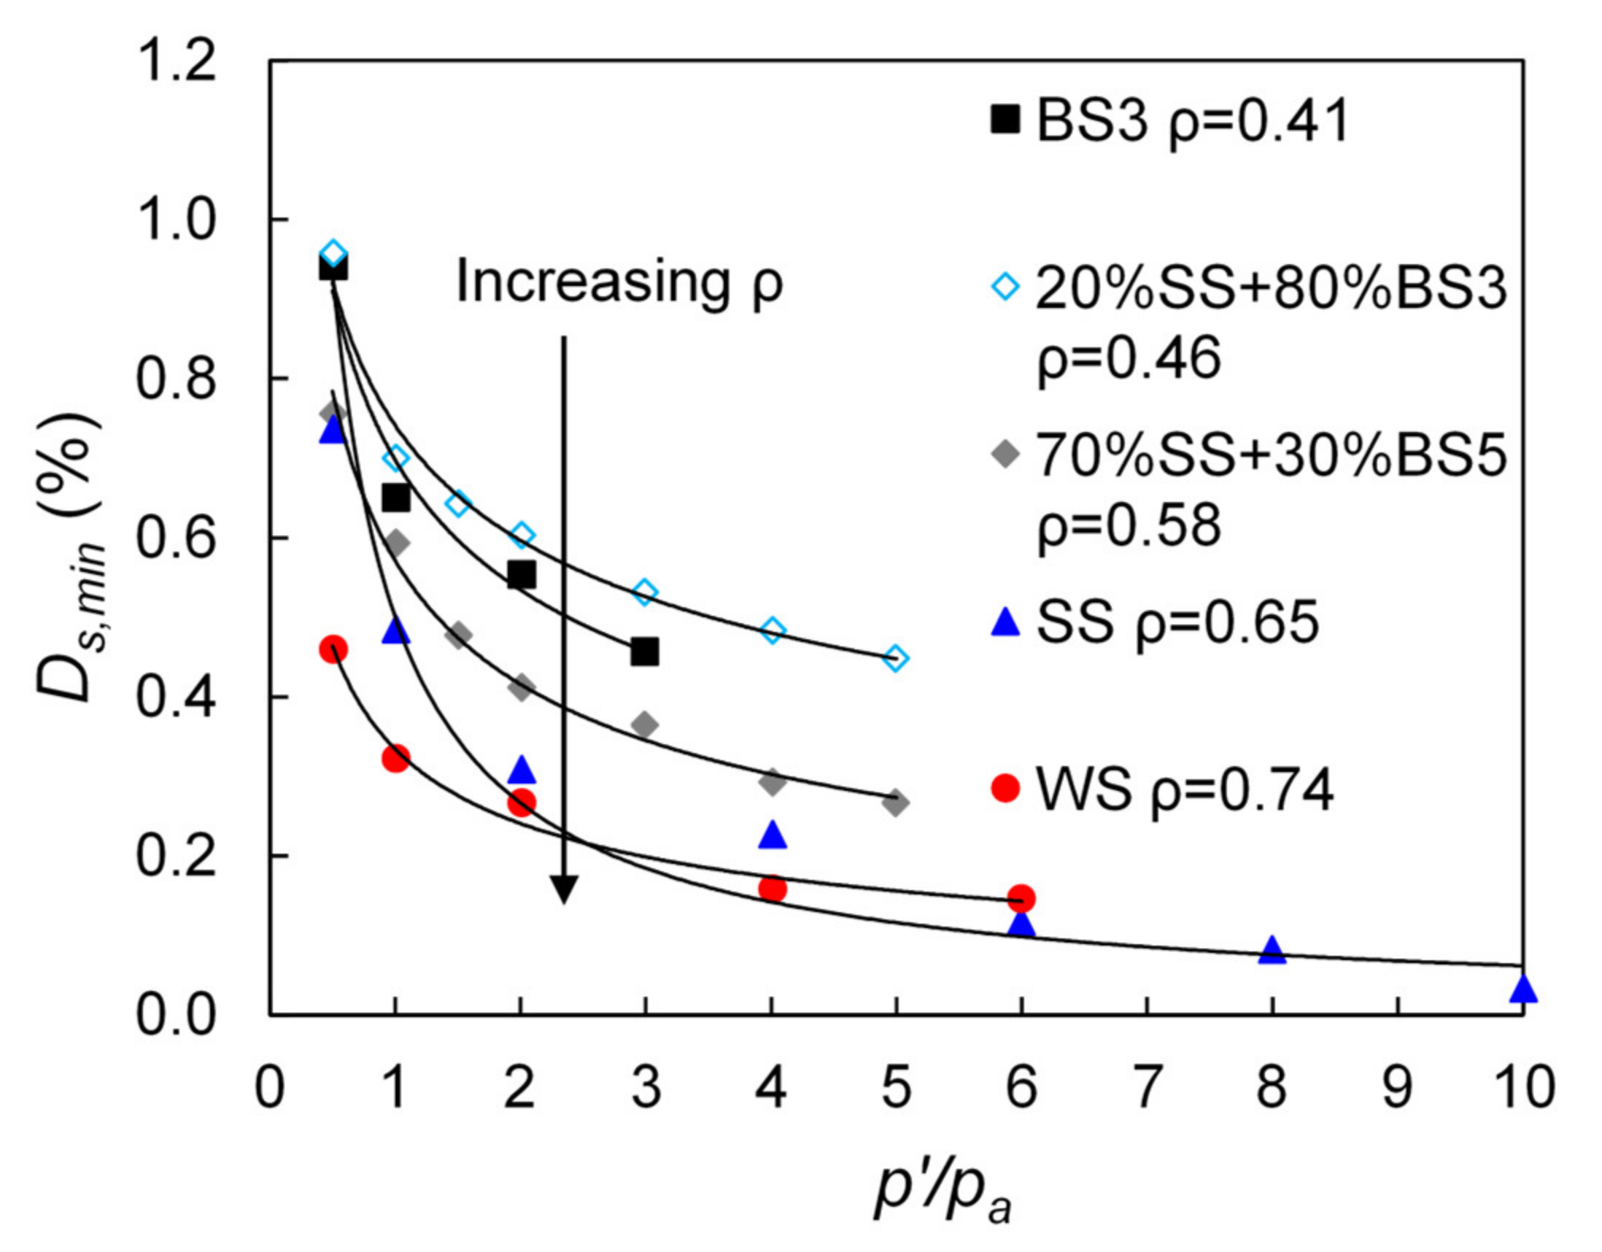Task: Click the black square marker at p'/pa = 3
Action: click(645, 652)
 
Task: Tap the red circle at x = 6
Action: click(1021, 897)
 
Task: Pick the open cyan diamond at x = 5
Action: click(895, 658)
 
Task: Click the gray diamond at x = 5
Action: click(895, 803)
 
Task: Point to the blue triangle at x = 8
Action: click(1272, 951)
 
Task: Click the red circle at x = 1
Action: click(395, 757)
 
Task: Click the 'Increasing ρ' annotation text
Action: click(620, 282)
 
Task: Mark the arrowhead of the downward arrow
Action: click(563, 890)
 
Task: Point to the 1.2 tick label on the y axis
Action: click(176, 61)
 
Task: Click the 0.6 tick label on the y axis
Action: click(176, 539)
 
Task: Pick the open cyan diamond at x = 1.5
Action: click(457, 505)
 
